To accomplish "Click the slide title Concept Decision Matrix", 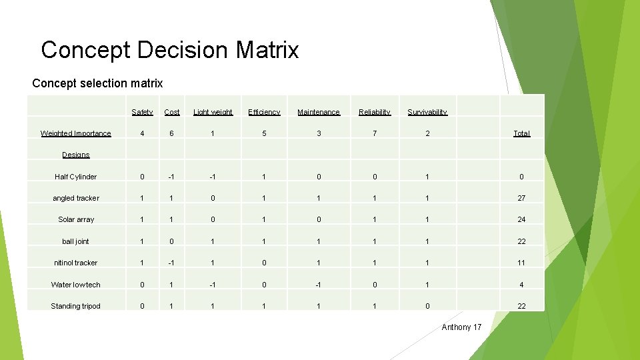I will (170, 50).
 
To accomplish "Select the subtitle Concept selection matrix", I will (97, 83).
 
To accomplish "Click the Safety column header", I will (142, 112).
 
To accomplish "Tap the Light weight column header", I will (213, 112).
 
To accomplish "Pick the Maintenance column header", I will (319, 112).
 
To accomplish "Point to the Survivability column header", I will (427, 112).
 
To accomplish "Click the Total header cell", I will (521, 133).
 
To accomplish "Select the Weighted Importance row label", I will (76, 133).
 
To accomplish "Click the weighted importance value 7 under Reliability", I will (375, 133).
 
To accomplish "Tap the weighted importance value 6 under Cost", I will (171, 133).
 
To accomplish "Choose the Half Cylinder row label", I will (76, 177).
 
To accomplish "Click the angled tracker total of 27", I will (521, 198).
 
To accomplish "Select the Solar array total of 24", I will (521, 219).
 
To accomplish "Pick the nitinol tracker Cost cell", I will (171, 263).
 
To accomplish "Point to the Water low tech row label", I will (76, 285).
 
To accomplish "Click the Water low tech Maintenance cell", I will (319, 285).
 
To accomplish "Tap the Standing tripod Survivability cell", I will (427, 306).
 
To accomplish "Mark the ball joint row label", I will (76, 241).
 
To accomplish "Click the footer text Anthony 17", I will (461, 327).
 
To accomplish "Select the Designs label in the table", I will (76, 155).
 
